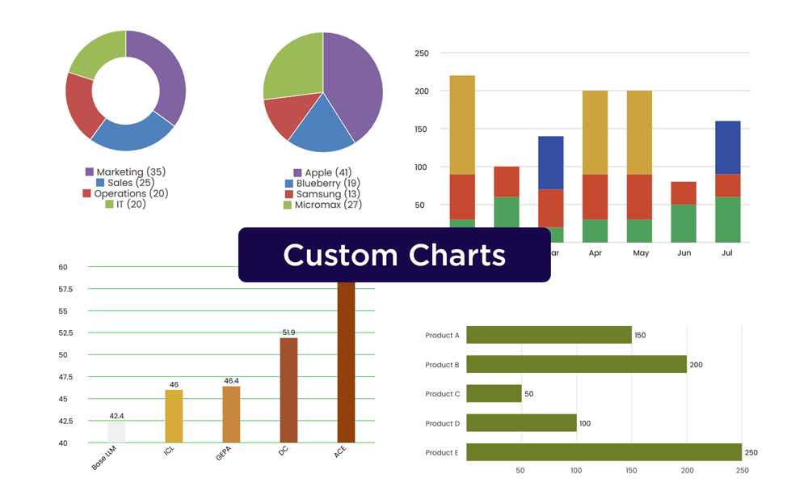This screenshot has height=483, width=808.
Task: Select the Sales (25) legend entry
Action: coord(126,183)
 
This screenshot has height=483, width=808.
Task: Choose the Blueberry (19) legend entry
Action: coord(322,184)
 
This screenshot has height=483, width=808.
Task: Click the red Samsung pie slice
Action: coord(288,118)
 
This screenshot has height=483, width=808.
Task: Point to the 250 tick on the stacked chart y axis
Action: coord(422,53)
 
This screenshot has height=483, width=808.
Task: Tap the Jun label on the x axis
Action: coord(684,253)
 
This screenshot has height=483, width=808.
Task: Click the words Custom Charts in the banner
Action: coord(394,255)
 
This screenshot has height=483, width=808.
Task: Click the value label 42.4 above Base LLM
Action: coord(116,416)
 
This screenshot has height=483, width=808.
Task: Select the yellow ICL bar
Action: coord(174,416)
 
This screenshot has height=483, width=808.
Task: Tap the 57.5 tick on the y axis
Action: coord(66,289)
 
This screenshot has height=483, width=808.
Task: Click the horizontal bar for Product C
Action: coord(494,394)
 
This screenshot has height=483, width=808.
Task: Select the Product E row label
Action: coord(442,452)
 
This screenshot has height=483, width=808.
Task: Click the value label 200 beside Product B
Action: coord(696,365)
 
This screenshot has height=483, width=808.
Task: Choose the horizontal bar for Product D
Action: coord(521,423)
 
